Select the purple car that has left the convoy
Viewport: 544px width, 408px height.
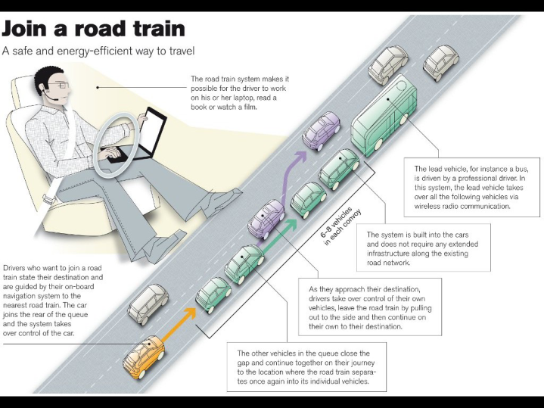click(322, 131)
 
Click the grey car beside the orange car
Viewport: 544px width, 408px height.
click(148, 303)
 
